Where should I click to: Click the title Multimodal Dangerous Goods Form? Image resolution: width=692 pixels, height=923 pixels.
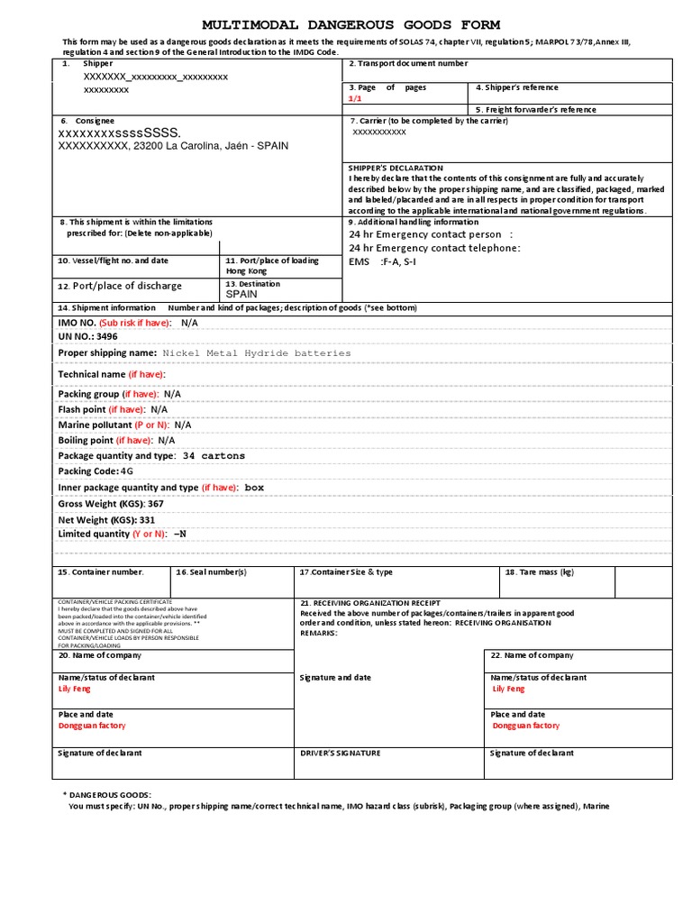click(x=351, y=24)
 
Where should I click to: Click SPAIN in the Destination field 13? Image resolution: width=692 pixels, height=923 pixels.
click(x=241, y=294)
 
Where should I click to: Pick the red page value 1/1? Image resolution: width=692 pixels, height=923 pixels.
click(x=358, y=98)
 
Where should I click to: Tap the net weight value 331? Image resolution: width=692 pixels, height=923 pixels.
click(x=146, y=519)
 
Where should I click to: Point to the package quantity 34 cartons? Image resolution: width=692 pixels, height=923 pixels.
click(x=214, y=456)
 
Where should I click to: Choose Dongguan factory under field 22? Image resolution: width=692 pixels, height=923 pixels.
click(x=526, y=726)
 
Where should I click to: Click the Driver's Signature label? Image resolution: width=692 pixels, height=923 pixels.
click(x=340, y=753)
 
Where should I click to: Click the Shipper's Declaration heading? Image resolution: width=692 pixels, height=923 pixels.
click(x=396, y=168)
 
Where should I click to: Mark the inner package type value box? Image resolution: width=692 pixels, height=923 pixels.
click(x=254, y=488)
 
